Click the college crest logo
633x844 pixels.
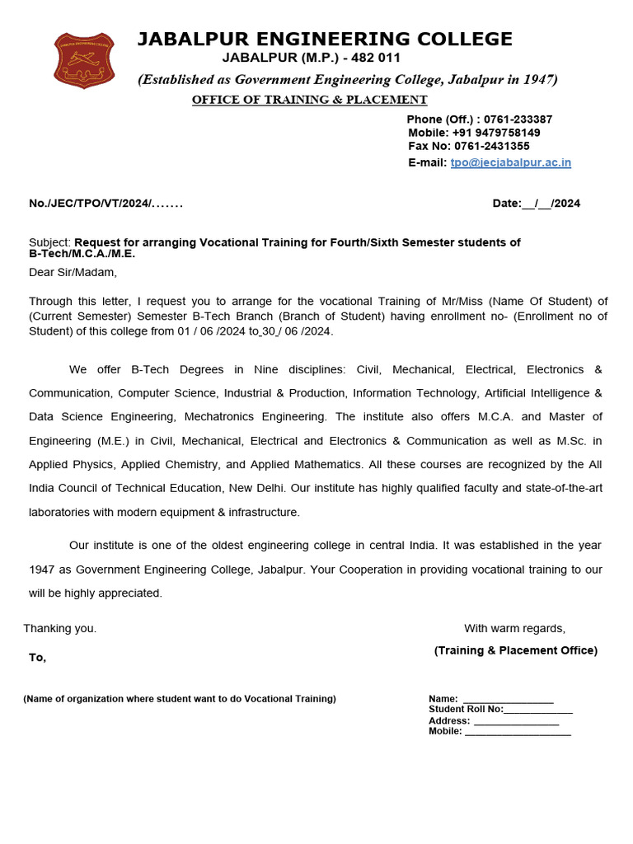84,60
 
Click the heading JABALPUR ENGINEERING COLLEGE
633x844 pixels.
324,39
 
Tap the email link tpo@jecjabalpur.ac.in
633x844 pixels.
510,162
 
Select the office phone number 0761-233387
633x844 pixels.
518,120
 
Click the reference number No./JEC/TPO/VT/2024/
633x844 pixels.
105,204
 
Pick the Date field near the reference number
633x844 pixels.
536,204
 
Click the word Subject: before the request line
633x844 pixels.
50,242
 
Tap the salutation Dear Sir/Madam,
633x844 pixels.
73,272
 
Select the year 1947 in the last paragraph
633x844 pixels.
42,570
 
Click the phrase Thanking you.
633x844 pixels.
60,628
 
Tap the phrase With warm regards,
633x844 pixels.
514,628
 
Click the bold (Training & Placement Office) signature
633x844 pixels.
515,650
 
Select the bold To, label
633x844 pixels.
38,658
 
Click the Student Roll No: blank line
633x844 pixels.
537,710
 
